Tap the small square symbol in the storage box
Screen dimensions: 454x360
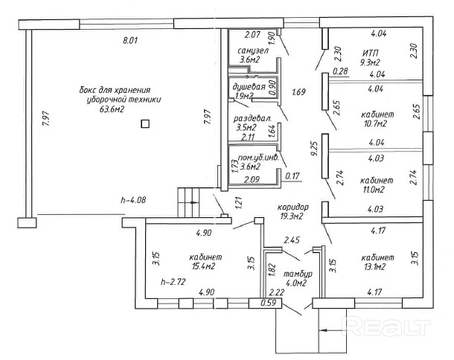(x=145, y=124)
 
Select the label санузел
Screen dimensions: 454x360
(x=253, y=51)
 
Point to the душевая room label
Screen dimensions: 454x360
(x=249, y=86)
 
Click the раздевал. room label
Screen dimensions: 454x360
(x=253, y=118)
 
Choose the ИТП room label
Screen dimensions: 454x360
(x=371, y=54)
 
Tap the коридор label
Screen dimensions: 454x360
(x=293, y=208)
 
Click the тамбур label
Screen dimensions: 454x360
(x=298, y=274)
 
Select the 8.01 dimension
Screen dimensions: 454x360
(x=130, y=40)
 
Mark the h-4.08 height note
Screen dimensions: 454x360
(x=133, y=199)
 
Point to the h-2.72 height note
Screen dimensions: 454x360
(x=173, y=281)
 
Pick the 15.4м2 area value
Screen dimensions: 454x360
(x=203, y=266)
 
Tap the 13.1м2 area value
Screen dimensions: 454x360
(x=374, y=266)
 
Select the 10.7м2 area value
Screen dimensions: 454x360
(x=375, y=123)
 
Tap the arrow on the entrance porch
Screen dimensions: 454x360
(x=333, y=330)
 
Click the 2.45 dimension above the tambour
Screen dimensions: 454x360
(x=292, y=240)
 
